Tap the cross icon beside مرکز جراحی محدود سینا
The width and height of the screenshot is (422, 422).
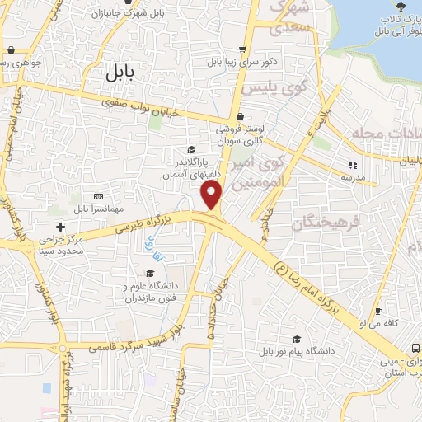tap(59, 227)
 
